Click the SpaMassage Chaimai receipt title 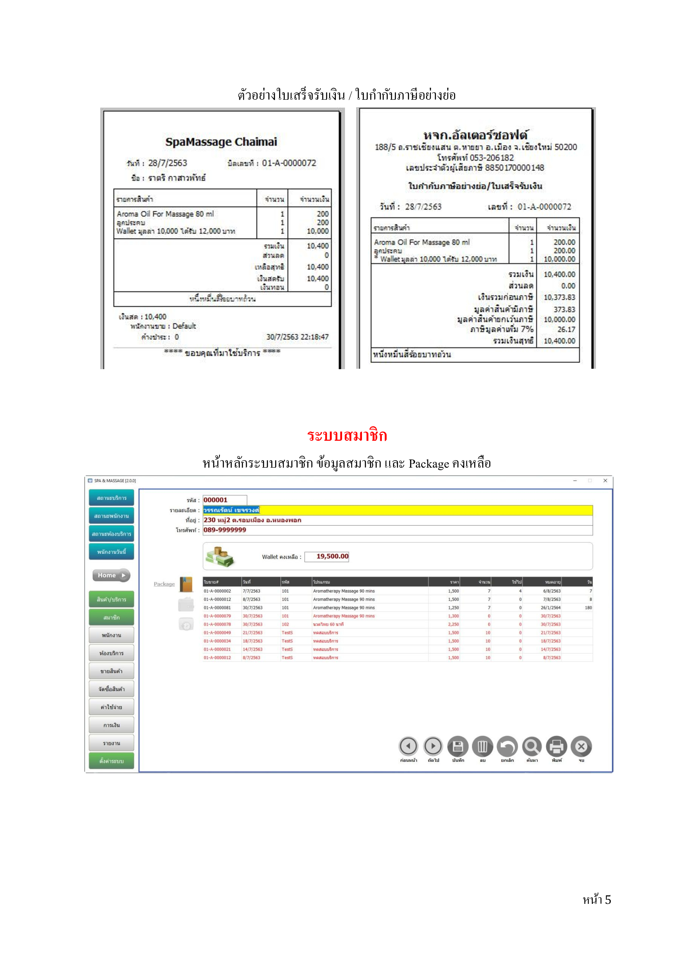point(221,142)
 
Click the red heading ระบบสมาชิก point(347,435)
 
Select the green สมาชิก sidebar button point(111,617)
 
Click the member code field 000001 point(224,500)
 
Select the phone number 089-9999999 point(225,530)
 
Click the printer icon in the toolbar point(556,747)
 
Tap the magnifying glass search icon point(531,747)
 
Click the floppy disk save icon point(458,747)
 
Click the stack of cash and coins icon point(219,557)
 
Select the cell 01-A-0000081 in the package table point(217,608)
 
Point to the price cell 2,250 point(453,625)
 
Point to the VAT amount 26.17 point(566,330)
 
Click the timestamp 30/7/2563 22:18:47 point(297,337)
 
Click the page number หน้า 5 point(596,900)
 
